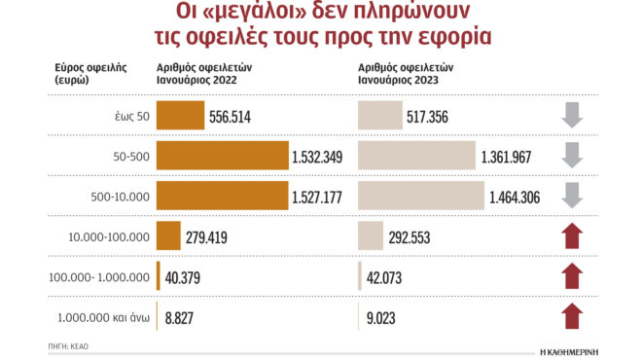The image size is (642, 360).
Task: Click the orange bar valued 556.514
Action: [x=180, y=116]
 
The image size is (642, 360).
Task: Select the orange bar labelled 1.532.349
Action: [x=222, y=156]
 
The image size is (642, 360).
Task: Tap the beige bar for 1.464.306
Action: [x=420, y=196]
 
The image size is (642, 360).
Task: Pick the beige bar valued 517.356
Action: [x=380, y=116]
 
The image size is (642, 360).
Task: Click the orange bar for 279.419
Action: [x=168, y=235]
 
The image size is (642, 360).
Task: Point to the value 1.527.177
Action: [x=321, y=196]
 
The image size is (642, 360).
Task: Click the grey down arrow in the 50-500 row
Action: [x=573, y=156]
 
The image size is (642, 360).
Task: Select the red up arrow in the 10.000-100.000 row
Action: [x=573, y=235]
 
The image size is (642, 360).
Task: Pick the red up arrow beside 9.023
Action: [x=573, y=315]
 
